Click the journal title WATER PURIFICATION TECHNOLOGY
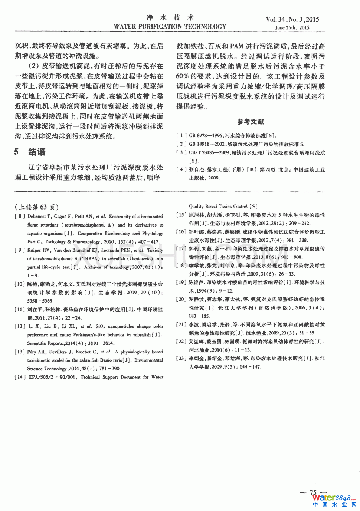[x=170, y=27]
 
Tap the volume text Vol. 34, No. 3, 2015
[x=292, y=19]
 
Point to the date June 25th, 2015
[x=292, y=27]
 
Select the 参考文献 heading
[x=251, y=122]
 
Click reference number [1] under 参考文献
[x=181, y=136]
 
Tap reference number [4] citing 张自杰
[x=181, y=169]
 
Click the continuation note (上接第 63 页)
[x=37, y=207]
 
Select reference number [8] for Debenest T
[x=20, y=217]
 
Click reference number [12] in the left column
[x=20, y=326]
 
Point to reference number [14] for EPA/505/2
[x=20, y=377]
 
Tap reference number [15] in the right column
[x=181, y=215]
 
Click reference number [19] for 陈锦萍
[x=181, y=283]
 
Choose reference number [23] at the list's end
[x=181, y=358]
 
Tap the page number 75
[x=313, y=492]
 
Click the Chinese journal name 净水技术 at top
[x=170, y=17]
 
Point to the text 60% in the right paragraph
[x=183, y=76]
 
